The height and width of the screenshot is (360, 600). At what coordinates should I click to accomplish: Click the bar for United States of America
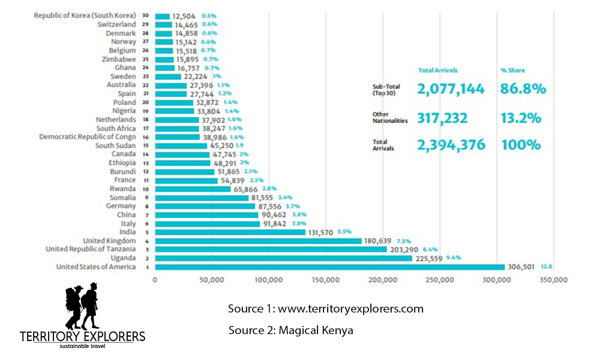point(330,267)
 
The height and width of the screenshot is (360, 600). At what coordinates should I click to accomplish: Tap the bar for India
point(230,232)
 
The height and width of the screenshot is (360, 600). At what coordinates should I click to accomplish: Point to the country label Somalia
point(122,197)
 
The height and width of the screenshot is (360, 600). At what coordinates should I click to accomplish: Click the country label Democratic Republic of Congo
point(88,137)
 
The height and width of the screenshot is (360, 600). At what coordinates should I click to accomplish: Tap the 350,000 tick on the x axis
point(552,280)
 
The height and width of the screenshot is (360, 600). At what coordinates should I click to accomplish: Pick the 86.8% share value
point(523,89)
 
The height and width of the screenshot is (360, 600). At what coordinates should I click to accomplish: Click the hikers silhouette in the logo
point(82,306)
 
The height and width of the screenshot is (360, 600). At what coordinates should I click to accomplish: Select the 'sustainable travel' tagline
point(82,347)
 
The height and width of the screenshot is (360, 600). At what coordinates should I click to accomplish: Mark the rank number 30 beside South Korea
point(145,15)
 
